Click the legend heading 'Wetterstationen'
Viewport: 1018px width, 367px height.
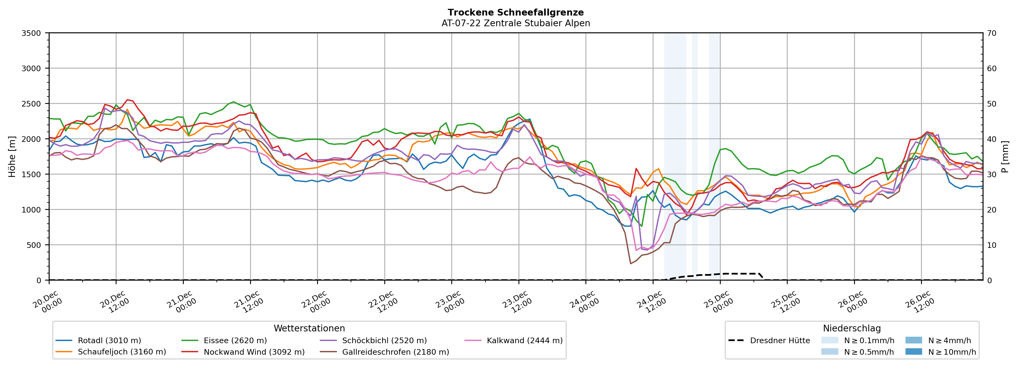(x=309, y=328)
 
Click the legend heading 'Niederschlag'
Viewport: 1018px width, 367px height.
(x=852, y=328)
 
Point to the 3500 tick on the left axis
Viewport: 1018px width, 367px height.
(x=31, y=33)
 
